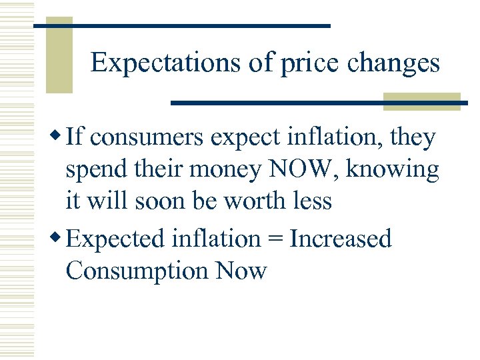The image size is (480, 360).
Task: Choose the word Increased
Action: [341, 238]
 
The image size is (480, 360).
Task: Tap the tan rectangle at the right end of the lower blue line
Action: [422, 101]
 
